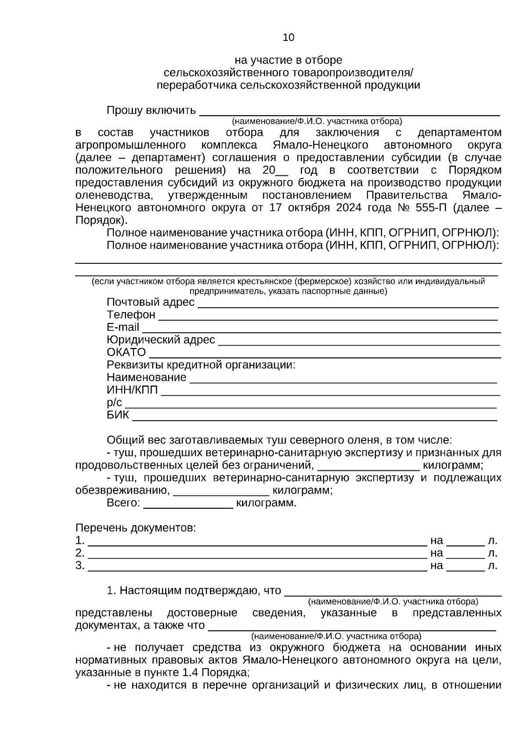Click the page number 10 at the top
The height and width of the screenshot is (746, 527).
289,38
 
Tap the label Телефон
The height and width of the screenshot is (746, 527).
131,315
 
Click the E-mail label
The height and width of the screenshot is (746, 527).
123,327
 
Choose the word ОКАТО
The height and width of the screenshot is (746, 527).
126,352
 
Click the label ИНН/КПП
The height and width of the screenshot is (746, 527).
132,390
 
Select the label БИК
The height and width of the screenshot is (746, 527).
118,415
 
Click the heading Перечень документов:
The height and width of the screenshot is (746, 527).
136,528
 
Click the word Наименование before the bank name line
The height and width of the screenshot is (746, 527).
146,377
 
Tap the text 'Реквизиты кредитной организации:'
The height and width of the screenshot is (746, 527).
201,365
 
